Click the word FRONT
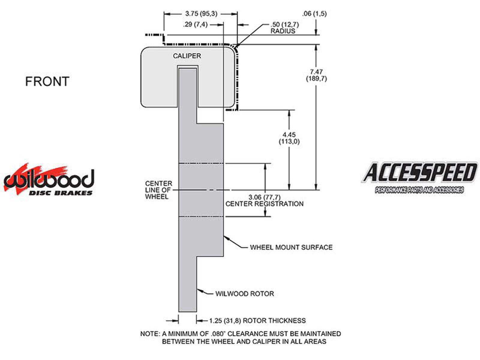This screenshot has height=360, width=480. [x=47, y=82]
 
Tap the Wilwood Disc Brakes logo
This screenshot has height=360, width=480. [x=49, y=180]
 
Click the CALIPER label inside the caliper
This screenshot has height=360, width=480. [x=187, y=56]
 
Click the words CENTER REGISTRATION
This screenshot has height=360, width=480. [x=264, y=204]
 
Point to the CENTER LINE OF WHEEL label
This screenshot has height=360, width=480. [x=158, y=190]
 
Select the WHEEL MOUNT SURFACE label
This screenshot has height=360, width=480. [x=291, y=247]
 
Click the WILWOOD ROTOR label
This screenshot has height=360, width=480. [x=244, y=294]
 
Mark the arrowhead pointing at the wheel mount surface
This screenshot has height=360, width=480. [x=226, y=237]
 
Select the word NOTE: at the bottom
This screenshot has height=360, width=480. [x=150, y=334]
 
